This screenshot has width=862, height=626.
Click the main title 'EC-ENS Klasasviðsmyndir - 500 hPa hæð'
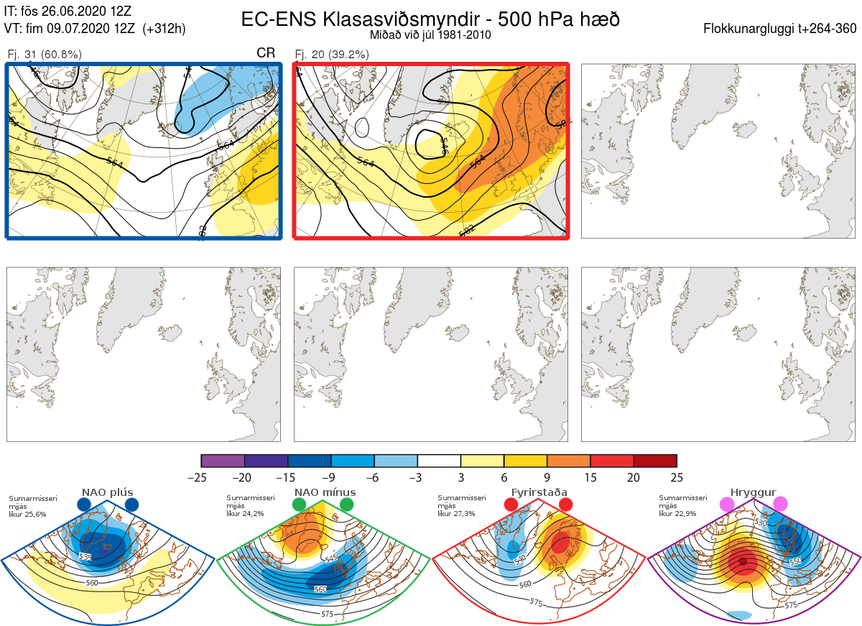(x=430, y=19)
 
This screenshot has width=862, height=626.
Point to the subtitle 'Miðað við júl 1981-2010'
(x=430, y=35)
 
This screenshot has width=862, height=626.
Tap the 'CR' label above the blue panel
(x=266, y=53)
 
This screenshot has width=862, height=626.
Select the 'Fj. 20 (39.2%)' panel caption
(x=332, y=55)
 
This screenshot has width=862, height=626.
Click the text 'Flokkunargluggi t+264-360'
(x=782, y=29)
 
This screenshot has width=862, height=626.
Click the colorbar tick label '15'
(x=590, y=477)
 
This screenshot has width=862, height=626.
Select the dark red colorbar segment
(x=655, y=461)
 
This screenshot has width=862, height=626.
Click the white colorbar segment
(x=439, y=461)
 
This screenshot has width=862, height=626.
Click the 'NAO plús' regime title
(x=107, y=492)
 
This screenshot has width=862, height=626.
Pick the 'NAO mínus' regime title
(x=325, y=492)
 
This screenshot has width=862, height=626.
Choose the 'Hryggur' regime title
(x=754, y=492)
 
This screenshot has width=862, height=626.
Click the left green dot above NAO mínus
(x=300, y=505)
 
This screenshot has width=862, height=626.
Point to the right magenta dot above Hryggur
(x=779, y=504)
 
